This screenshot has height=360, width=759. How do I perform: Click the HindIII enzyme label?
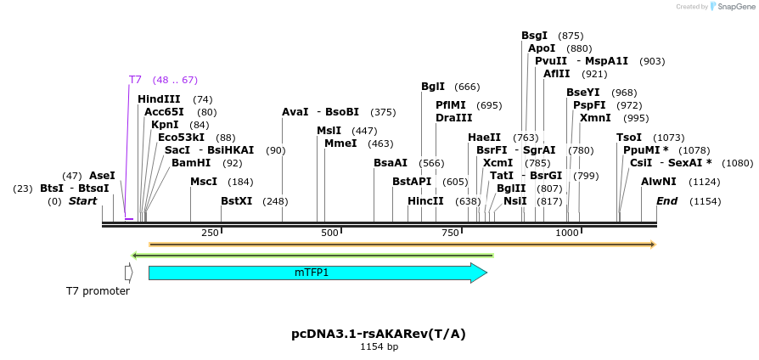click(x=159, y=99)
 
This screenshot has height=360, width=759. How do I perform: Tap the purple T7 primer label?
click(x=135, y=80)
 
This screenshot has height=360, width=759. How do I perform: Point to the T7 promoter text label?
click(x=98, y=291)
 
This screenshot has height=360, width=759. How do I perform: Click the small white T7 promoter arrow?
click(x=128, y=273)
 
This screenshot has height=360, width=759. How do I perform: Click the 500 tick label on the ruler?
click(x=328, y=233)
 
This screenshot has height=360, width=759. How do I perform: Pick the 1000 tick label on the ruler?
click(x=566, y=233)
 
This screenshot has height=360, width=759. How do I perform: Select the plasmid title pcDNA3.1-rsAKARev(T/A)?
click(x=379, y=334)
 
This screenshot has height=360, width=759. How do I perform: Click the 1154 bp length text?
click(x=379, y=346)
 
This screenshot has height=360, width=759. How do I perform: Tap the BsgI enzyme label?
click(x=535, y=36)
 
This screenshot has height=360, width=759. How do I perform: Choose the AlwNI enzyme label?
click(x=658, y=182)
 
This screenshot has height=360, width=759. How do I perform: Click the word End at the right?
click(x=667, y=201)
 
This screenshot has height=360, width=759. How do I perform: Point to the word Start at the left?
click(x=82, y=201)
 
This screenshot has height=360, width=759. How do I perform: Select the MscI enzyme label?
click(x=204, y=182)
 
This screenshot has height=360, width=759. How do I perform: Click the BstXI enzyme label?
click(x=236, y=201)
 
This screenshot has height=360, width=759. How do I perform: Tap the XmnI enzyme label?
click(x=596, y=118)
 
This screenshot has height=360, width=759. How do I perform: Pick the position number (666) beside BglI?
click(x=467, y=87)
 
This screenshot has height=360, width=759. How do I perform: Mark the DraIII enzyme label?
click(x=453, y=118)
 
